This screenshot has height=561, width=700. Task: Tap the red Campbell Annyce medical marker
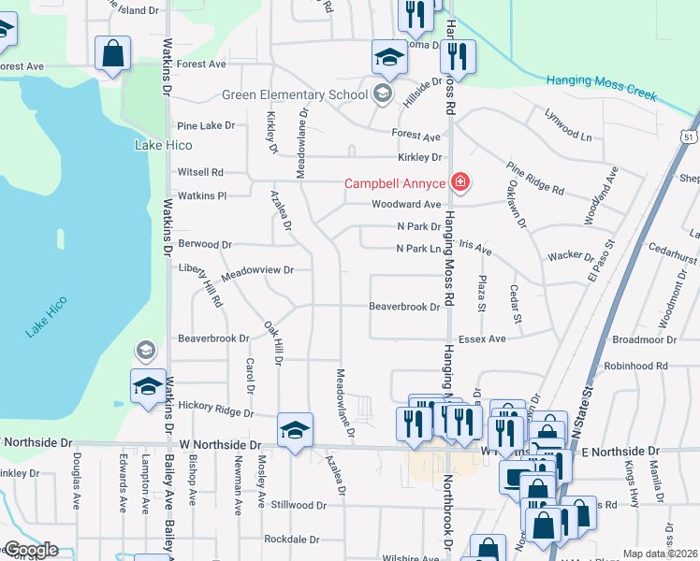pos(460,183)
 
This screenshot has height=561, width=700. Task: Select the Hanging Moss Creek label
pos(602,88)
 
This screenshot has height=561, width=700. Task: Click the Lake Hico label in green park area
pos(158,145)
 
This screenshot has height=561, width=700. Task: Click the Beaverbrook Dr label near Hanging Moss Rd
pos(403,307)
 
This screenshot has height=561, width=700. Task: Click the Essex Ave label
pos(481,339)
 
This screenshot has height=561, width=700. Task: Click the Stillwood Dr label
pos(295,505)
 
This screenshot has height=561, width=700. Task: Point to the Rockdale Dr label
pos(291,539)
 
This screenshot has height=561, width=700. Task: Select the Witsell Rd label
pos(200,173)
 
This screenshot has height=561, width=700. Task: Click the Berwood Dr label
pos(204,245)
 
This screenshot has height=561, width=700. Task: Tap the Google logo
pos(30,550)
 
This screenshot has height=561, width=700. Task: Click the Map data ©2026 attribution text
pos(660,554)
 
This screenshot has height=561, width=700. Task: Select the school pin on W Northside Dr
pos(295,430)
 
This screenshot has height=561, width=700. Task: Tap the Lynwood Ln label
pos(569,125)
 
